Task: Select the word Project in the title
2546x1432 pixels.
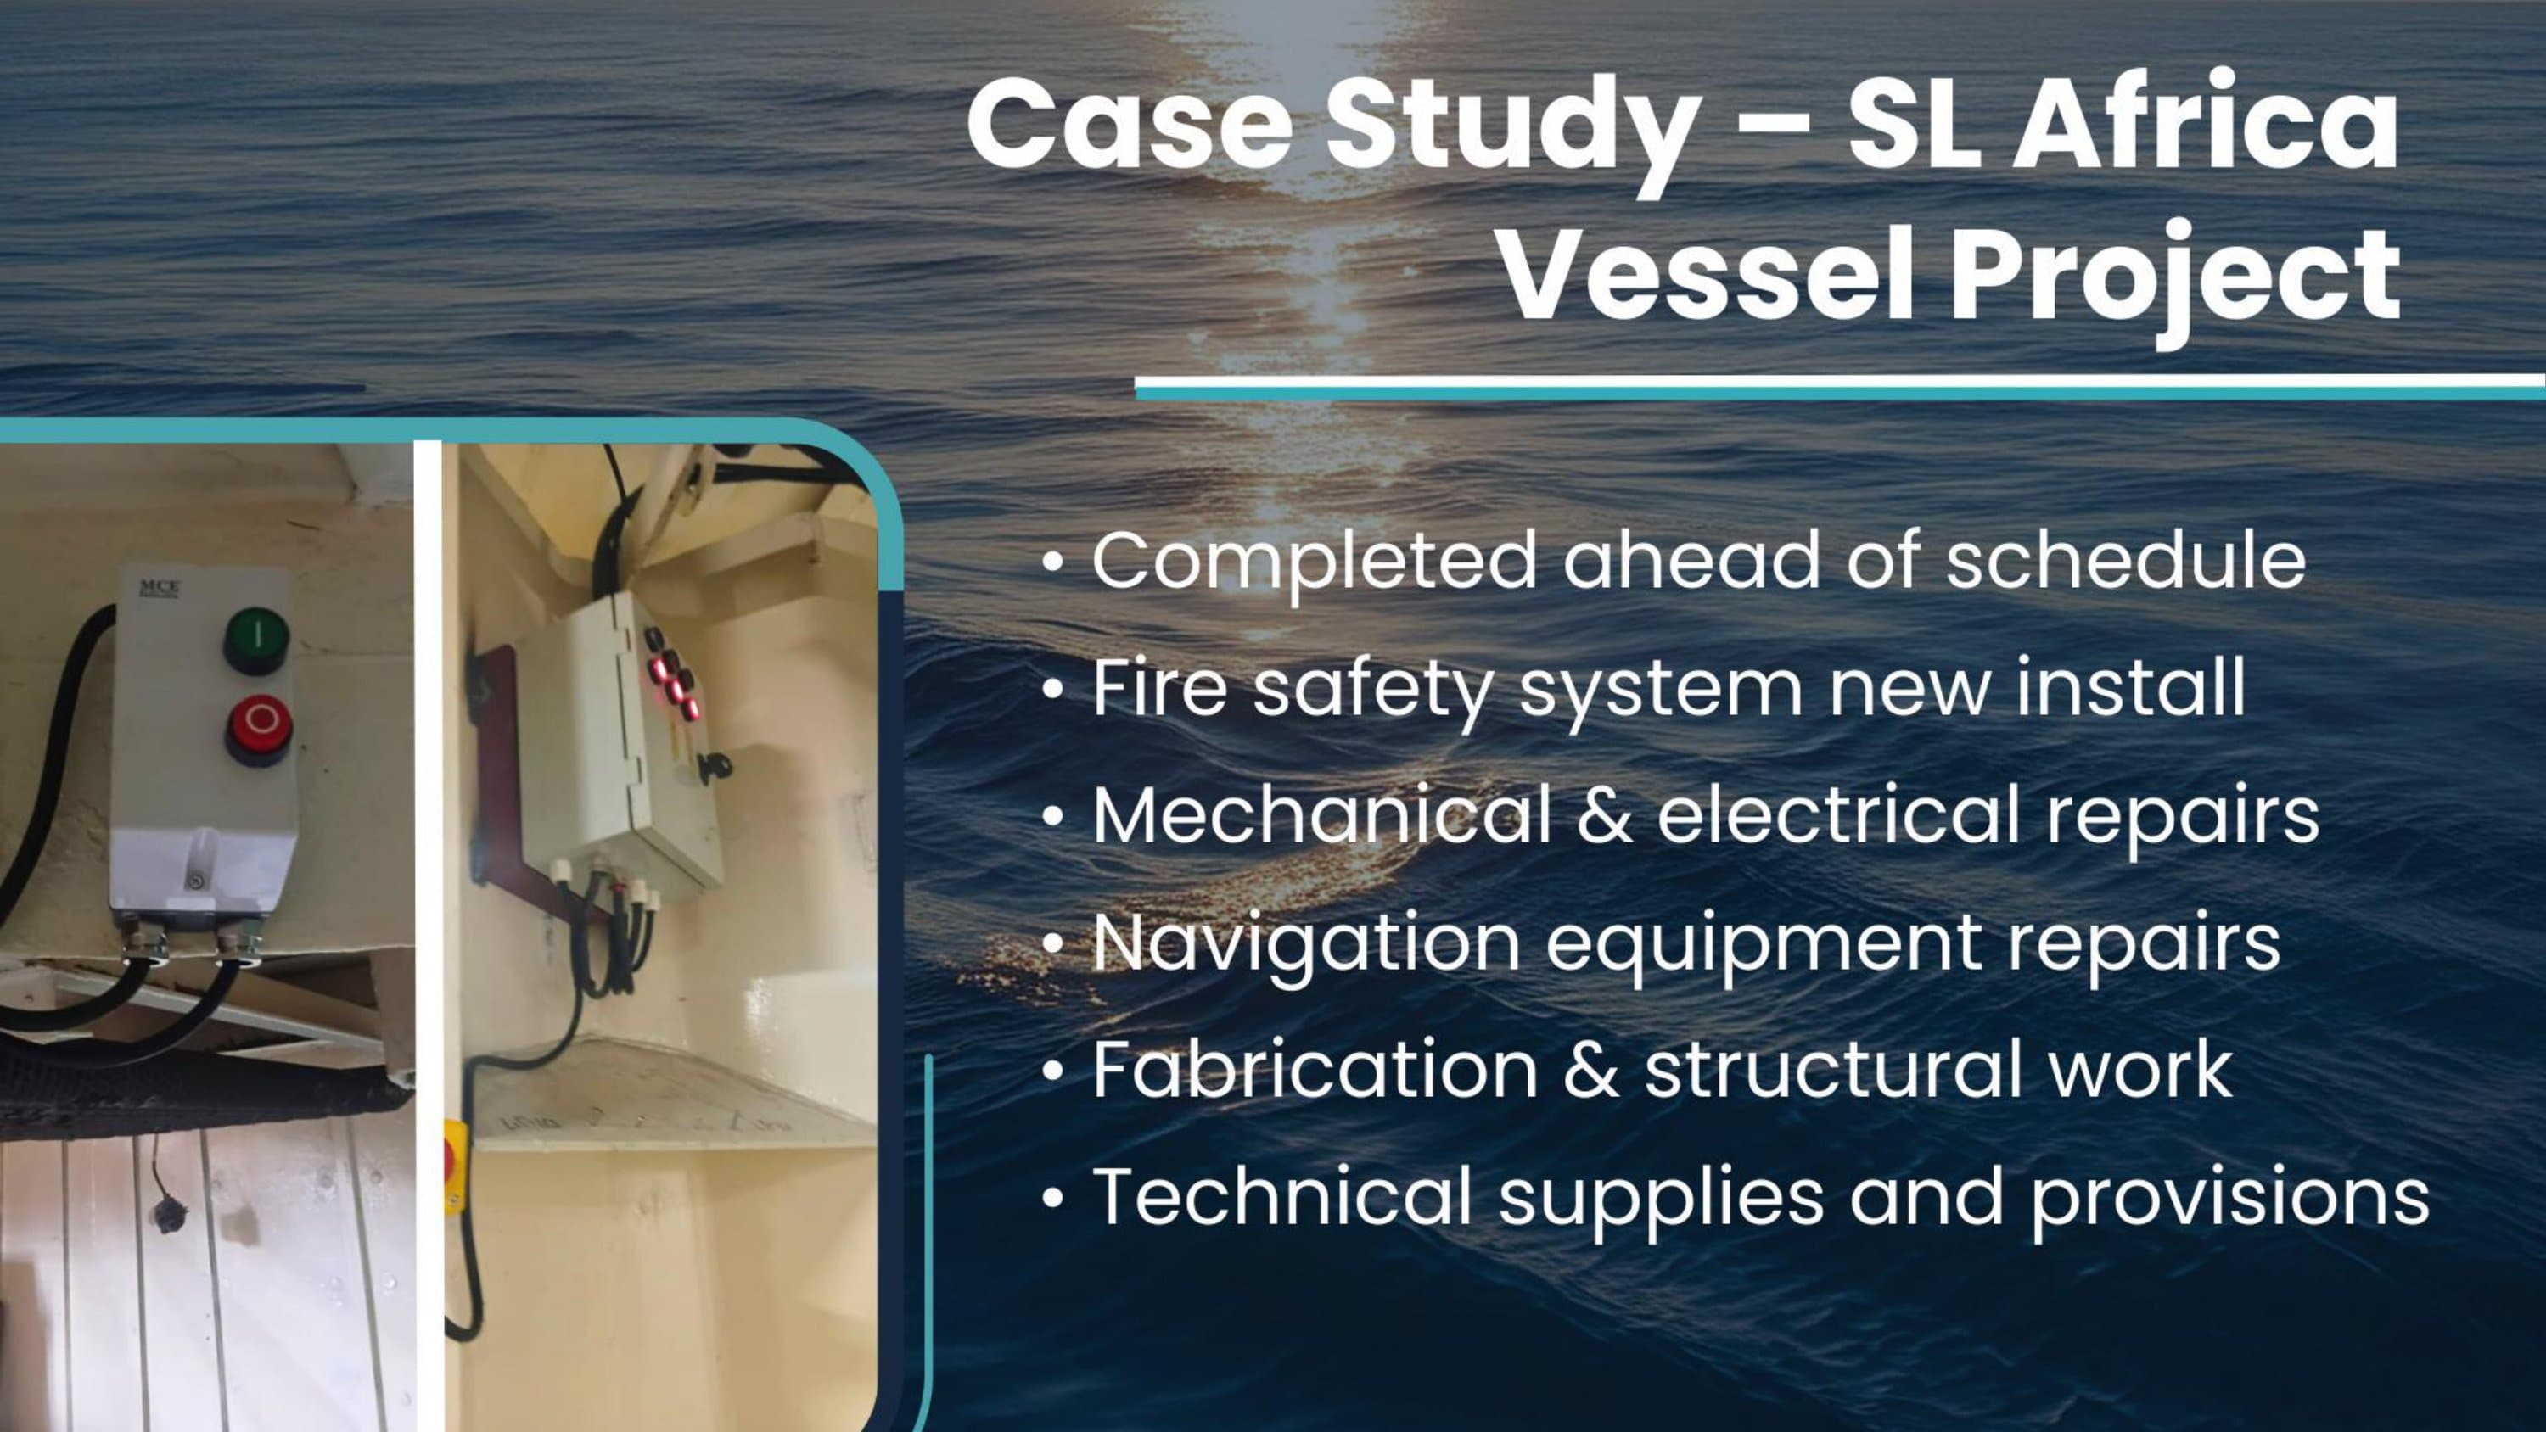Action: [x=2174, y=280]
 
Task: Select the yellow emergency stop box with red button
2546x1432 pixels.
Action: [x=454, y=1166]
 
